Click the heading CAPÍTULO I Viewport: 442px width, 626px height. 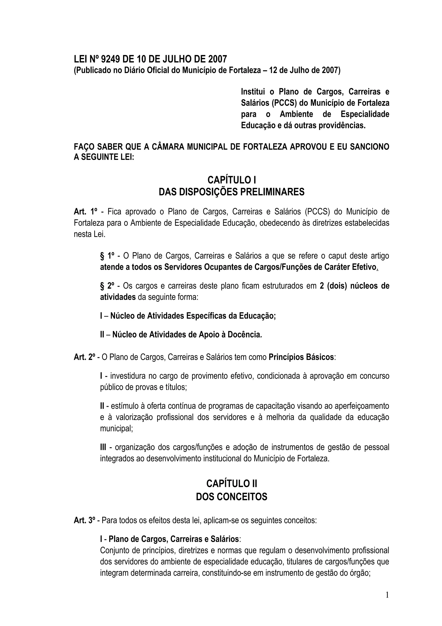(x=232, y=180)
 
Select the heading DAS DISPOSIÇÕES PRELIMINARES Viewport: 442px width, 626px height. (x=232, y=192)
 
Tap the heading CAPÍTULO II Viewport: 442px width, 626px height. (x=232, y=483)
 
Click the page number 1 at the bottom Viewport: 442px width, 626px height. (x=387, y=595)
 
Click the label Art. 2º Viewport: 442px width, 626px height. (x=84, y=357)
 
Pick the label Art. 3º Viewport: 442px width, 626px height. (x=84, y=521)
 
